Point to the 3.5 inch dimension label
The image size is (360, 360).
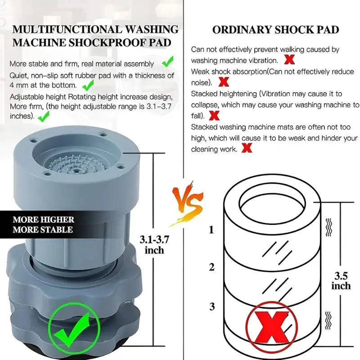point(341,280)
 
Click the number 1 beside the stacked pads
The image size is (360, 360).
point(211,230)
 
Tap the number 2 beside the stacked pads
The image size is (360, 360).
point(211,267)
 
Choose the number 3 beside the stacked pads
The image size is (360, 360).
point(211,307)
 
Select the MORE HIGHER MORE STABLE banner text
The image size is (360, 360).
point(43,225)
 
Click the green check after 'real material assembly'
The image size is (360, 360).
point(168,61)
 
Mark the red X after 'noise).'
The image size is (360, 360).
point(224,82)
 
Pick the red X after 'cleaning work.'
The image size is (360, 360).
point(247,148)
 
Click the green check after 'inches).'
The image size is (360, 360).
point(43,117)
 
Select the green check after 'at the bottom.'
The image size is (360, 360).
point(88,84)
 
